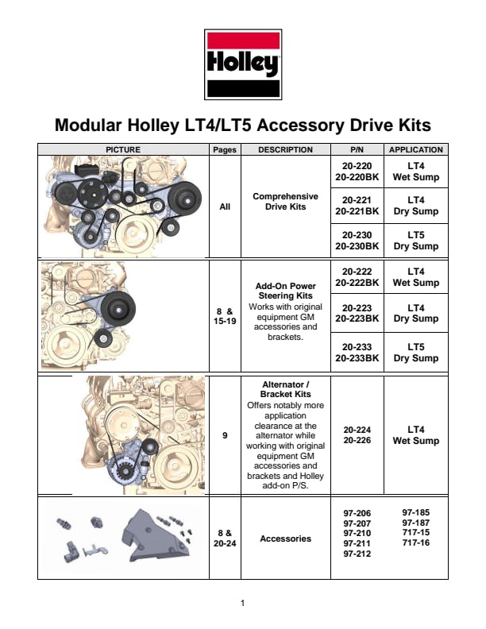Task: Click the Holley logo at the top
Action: [243, 64]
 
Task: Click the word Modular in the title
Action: [88, 125]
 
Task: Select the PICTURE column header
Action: [123, 149]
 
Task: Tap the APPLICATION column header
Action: [416, 149]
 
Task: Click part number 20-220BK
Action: [357, 177]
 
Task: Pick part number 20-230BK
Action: [357, 246]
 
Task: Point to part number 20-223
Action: [357, 307]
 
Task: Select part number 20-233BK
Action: [357, 358]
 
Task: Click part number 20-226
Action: [357, 440]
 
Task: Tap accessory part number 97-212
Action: [357, 554]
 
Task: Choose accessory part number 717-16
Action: [416, 542]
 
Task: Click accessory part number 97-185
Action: [416, 512]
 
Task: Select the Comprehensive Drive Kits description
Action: [286, 202]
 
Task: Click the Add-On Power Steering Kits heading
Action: [286, 291]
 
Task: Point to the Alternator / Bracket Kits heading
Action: [286, 389]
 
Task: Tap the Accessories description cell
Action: [286, 538]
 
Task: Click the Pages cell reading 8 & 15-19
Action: [225, 316]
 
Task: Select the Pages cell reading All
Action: [225, 206]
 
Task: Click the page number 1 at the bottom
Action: [242, 603]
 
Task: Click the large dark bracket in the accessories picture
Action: [154, 538]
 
